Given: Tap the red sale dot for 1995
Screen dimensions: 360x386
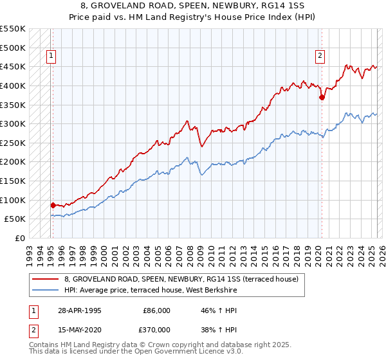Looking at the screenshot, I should click(53, 205).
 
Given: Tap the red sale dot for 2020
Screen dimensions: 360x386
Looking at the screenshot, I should click(322, 98).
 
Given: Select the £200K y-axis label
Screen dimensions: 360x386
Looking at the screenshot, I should click(13, 161).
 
